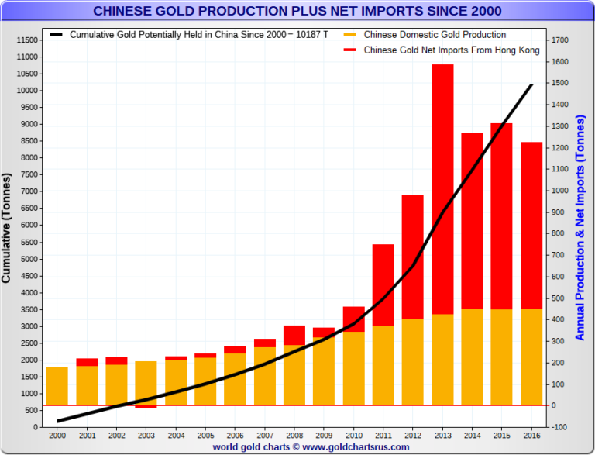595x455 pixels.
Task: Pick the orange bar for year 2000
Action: [57, 386]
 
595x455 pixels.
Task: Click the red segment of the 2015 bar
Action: [501, 216]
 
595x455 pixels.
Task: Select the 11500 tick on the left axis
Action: [29, 40]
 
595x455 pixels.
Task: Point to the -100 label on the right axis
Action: [562, 427]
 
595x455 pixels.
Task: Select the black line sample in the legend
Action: [57, 35]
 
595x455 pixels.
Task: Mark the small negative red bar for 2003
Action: [146, 407]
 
